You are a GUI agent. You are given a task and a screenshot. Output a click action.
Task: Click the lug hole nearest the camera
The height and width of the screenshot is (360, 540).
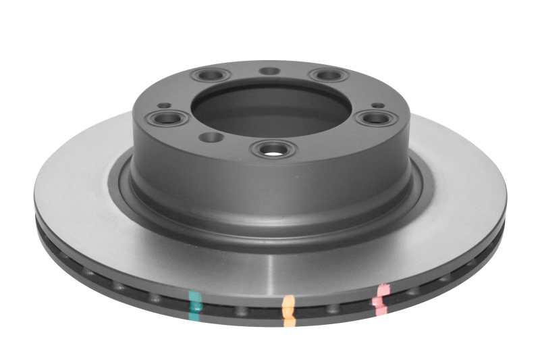tap(273, 148)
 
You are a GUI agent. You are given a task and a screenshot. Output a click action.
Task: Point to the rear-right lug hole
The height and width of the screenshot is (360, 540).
tap(327, 75)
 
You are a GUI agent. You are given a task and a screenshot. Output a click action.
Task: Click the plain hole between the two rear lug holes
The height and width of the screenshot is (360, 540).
tap(269, 71)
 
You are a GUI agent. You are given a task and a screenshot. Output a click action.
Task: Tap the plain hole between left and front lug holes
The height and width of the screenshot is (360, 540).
tap(211, 138)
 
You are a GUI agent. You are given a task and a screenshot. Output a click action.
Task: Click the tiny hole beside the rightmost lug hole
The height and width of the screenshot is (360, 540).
tap(378, 105)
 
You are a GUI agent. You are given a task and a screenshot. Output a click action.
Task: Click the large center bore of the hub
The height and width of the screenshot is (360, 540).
tap(270, 108)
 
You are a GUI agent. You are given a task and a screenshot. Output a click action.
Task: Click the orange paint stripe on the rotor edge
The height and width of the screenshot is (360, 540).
tap(289, 311)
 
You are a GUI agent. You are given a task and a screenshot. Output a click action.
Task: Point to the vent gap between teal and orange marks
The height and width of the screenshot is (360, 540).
tap(242, 311)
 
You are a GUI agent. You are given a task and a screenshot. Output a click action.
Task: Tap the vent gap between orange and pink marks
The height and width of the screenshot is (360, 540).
tap(334, 310)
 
